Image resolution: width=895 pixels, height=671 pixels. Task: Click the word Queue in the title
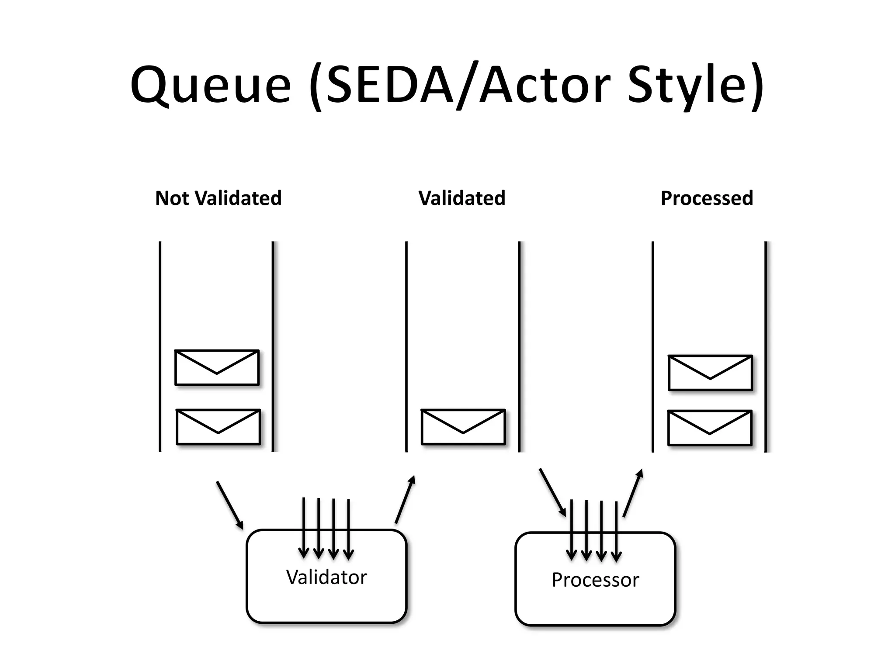(x=211, y=85)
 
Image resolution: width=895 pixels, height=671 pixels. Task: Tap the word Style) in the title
(x=695, y=85)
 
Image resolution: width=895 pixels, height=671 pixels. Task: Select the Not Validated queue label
(x=218, y=198)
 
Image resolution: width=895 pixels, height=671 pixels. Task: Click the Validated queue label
(x=462, y=198)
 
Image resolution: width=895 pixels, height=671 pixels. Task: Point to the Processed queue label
(x=707, y=198)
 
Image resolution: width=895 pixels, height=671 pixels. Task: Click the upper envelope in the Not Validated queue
(x=217, y=367)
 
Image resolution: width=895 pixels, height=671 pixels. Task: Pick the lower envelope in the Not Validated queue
(x=218, y=427)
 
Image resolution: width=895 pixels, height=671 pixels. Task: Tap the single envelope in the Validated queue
(x=463, y=427)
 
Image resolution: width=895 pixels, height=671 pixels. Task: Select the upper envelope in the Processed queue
(x=710, y=373)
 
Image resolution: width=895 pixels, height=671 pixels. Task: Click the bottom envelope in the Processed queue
(x=710, y=428)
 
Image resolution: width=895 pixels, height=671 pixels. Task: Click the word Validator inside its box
(x=326, y=578)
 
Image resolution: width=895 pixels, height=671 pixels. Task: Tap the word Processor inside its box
(x=595, y=580)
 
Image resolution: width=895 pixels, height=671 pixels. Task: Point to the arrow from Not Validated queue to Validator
(x=229, y=505)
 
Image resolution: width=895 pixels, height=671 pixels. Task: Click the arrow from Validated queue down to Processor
(x=552, y=492)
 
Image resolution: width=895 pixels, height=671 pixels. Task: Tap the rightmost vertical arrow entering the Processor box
(x=616, y=531)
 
